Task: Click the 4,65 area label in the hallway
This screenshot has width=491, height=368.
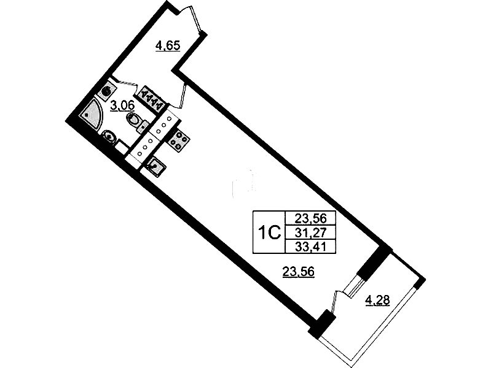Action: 168,47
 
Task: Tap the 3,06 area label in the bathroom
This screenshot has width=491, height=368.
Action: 123,106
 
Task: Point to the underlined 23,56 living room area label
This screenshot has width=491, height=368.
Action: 298,271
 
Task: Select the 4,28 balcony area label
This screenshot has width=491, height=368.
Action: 377,301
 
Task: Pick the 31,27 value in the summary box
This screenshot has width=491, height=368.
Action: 310,232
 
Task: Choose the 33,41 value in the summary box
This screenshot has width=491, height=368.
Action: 310,247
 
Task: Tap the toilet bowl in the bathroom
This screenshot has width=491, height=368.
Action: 134,120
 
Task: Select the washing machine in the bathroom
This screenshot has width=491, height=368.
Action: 107,91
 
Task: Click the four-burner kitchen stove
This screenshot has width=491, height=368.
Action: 178,140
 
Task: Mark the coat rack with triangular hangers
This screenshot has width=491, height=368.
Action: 152,98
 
